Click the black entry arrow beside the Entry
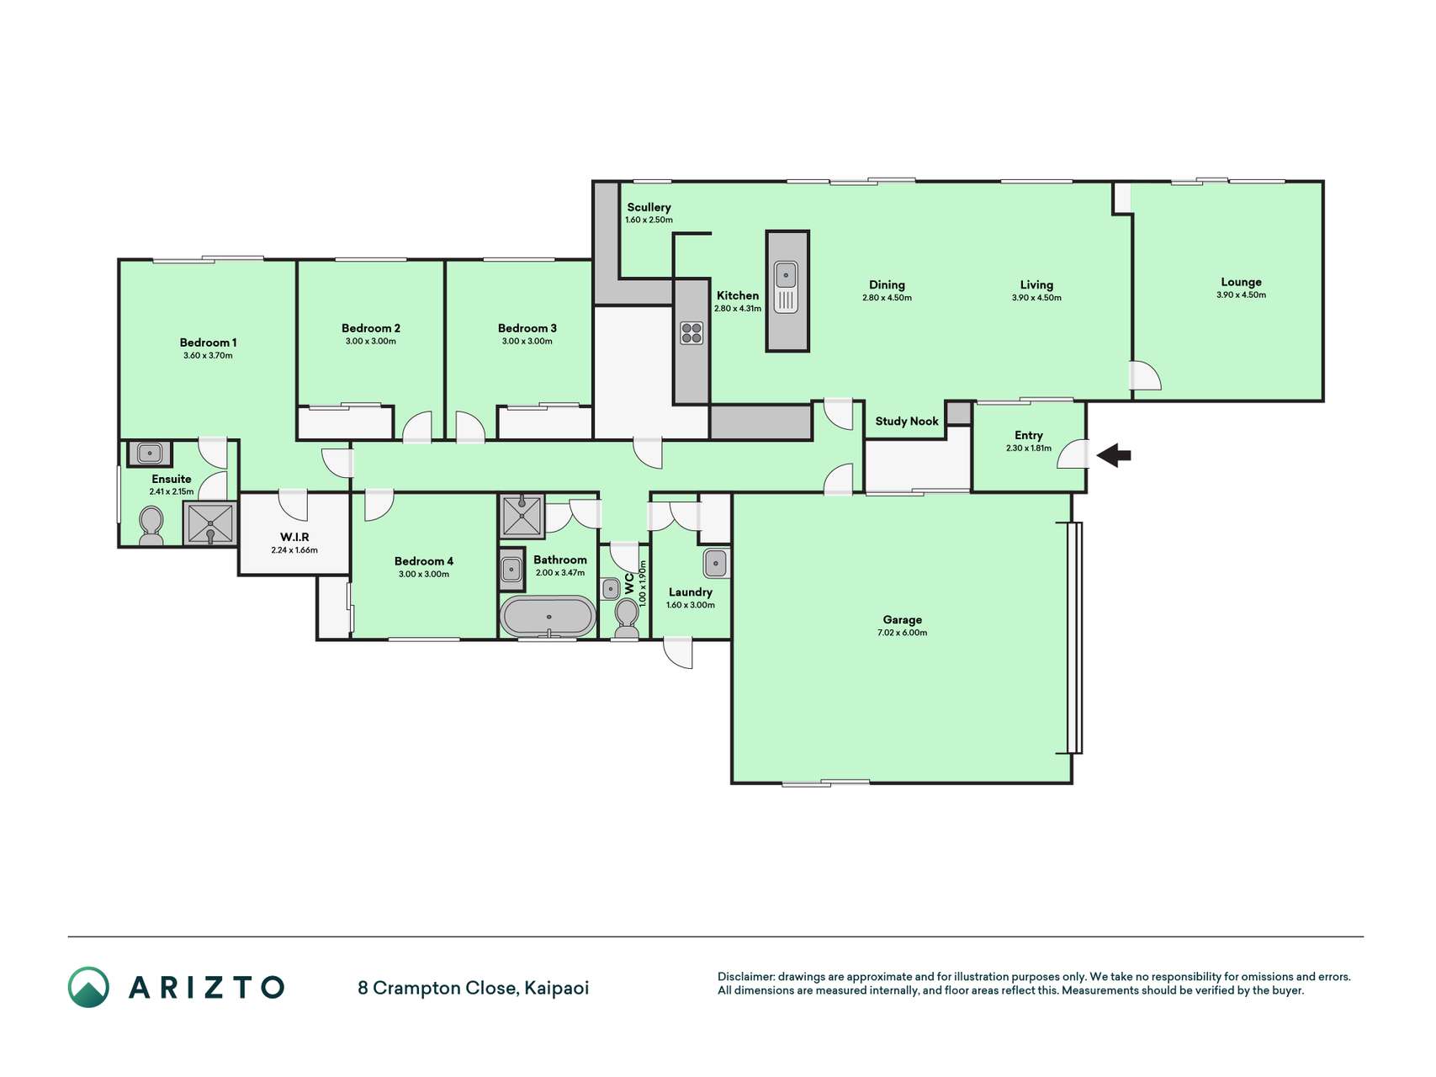pyautogui.click(x=1114, y=456)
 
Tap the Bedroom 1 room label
pyautogui.click(x=208, y=342)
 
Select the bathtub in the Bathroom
pyautogui.click(x=548, y=617)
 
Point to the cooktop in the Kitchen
pyautogui.click(x=692, y=333)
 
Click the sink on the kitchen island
pyautogui.click(x=786, y=287)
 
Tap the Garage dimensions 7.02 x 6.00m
pyautogui.click(x=902, y=633)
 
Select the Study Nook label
pyautogui.click(x=907, y=422)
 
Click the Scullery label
pyautogui.click(x=649, y=207)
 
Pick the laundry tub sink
pyautogui.click(x=716, y=563)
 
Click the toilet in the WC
pyautogui.click(x=627, y=618)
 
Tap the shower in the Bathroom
pyautogui.click(x=522, y=516)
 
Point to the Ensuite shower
pyautogui.click(x=209, y=524)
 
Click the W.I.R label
pyautogui.click(x=294, y=537)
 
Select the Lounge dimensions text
pyautogui.click(x=1241, y=295)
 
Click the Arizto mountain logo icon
pyautogui.click(x=88, y=987)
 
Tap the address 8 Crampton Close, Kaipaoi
pyautogui.click(x=473, y=988)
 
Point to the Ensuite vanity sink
pyautogui.click(x=150, y=454)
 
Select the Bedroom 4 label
pyautogui.click(x=424, y=561)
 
